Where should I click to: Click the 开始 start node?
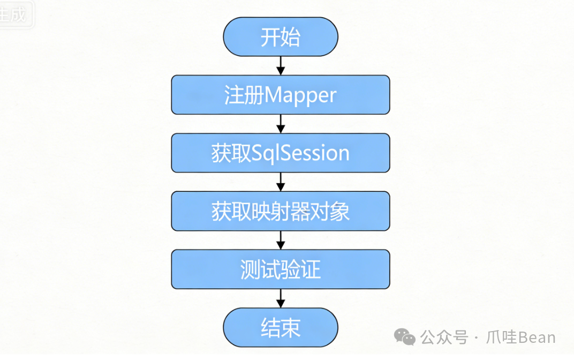coord(281,37)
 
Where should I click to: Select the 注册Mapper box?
coord(281,95)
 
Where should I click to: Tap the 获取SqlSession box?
coord(281,153)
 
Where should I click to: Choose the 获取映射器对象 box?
coord(281,211)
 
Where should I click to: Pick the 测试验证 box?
coord(281,269)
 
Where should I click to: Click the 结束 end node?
coord(281,327)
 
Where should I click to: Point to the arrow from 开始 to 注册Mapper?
coord(281,66)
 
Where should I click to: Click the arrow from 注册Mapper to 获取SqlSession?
coord(281,124)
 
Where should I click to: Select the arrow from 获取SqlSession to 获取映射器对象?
coord(281,182)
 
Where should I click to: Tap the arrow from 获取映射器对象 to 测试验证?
coord(281,240)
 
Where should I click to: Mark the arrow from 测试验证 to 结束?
coord(281,298)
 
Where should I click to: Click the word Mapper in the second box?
coord(300,95)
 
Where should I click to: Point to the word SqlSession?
coord(300,154)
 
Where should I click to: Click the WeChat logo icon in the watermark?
coord(405,337)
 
